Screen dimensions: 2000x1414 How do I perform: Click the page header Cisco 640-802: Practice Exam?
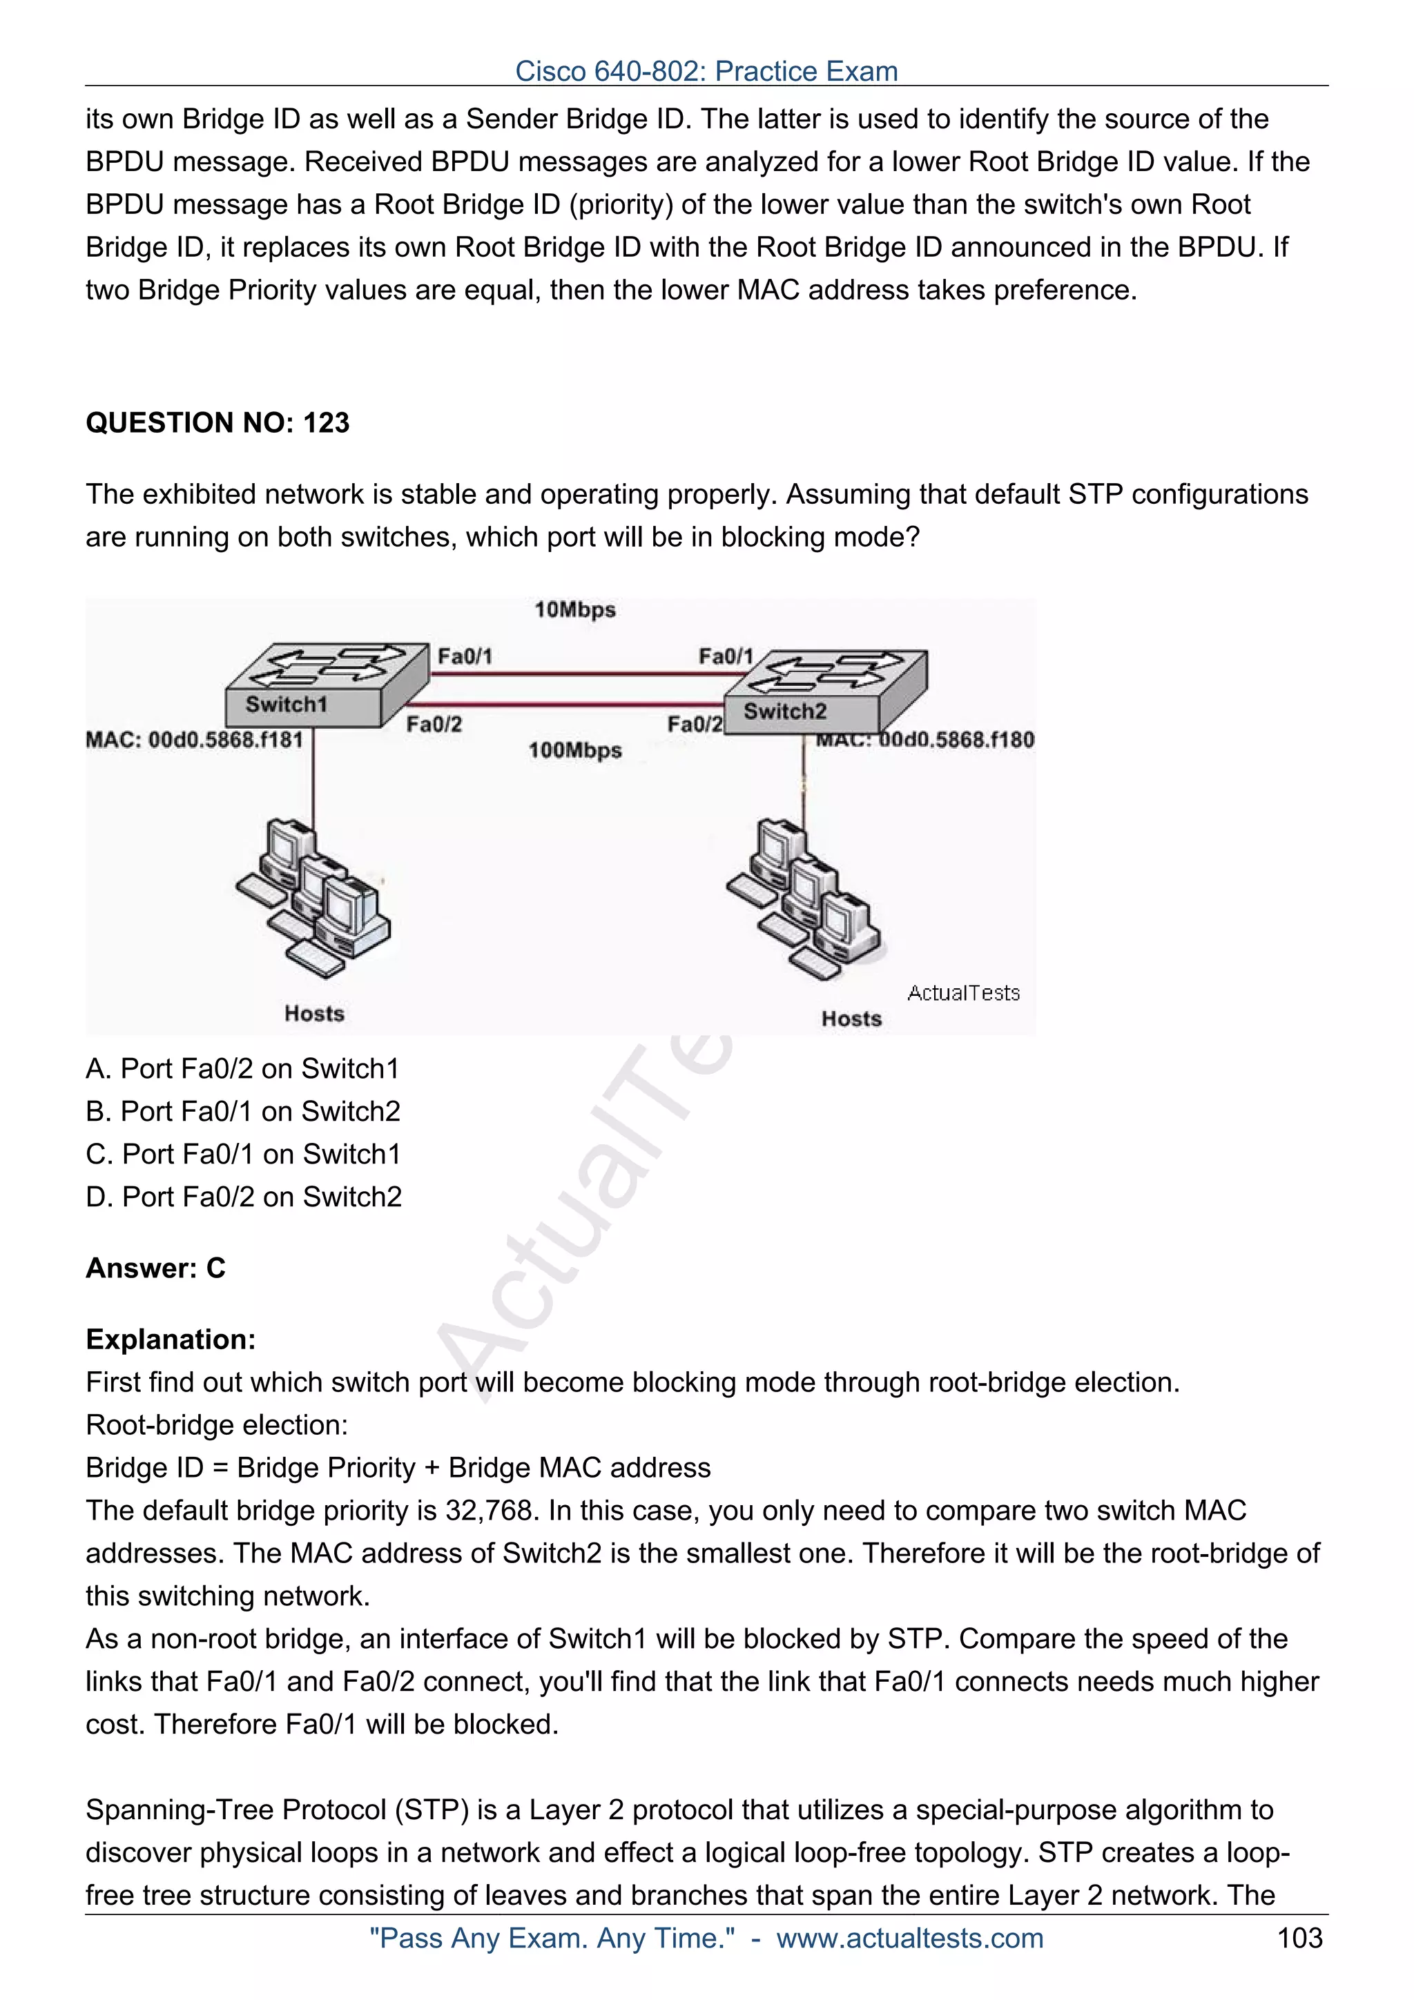pos(706,70)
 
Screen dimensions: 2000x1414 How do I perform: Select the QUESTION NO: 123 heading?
pos(217,422)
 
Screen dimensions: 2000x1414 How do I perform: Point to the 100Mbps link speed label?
pos(575,750)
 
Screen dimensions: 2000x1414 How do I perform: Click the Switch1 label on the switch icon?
pos(286,704)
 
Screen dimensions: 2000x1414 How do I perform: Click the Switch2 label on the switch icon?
pos(784,711)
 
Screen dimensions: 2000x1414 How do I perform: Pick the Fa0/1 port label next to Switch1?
pos(465,656)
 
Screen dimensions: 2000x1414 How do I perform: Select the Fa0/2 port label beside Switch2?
pos(695,724)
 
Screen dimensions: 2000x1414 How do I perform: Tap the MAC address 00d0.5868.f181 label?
pos(194,740)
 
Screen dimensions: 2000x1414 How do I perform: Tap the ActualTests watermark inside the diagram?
pos(962,993)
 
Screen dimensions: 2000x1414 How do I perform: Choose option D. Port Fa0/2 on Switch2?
pos(244,1196)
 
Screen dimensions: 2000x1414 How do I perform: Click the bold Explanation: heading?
pos(171,1339)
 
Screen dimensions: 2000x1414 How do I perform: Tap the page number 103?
pos(1299,1937)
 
